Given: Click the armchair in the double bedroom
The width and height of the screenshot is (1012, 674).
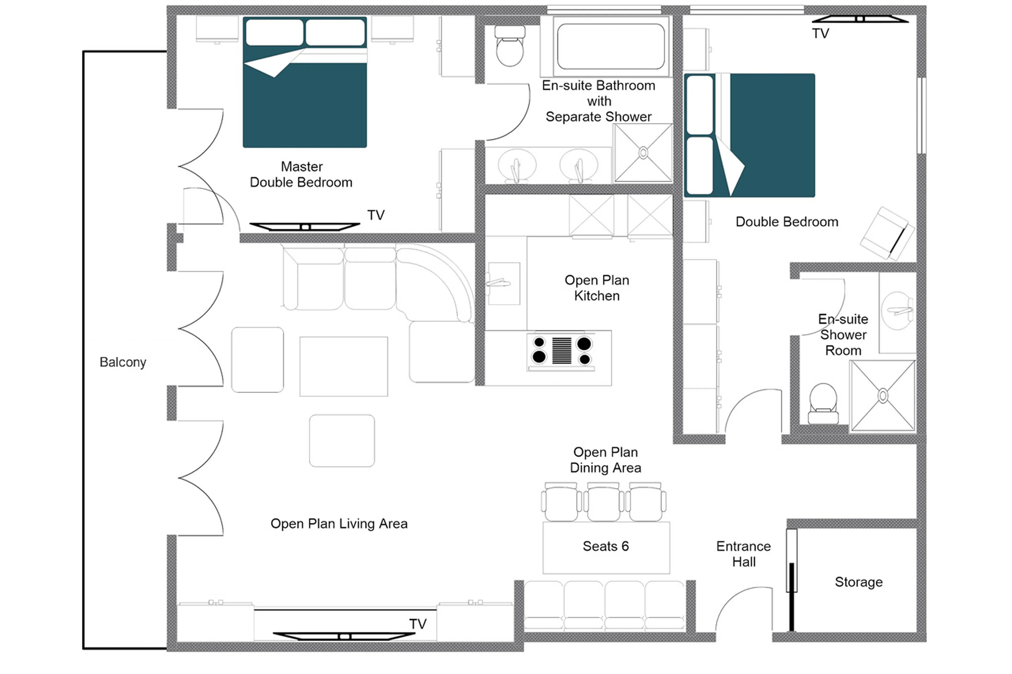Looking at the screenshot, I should [x=887, y=234].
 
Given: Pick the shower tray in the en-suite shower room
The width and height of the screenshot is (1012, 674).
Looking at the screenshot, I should [x=883, y=395].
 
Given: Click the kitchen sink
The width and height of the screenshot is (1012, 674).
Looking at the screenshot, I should [x=503, y=283].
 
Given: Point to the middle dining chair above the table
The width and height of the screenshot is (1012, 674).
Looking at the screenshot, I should [x=604, y=502].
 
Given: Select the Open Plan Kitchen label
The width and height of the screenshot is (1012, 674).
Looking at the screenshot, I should [x=597, y=288].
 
